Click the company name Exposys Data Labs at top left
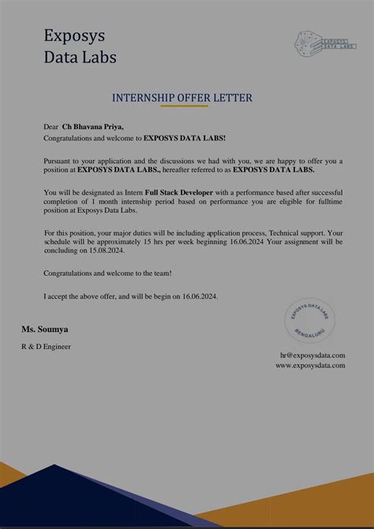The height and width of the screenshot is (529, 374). pyautogui.click(x=80, y=47)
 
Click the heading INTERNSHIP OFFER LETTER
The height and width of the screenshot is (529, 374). pyautogui.click(x=181, y=98)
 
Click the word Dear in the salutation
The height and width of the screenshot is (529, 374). pyautogui.click(x=51, y=125)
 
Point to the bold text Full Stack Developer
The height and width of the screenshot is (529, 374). pyautogui.click(x=179, y=192)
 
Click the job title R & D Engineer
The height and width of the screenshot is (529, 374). pyautogui.click(x=46, y=346)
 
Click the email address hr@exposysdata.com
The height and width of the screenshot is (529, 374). pyautogui.click(x=312, y=356)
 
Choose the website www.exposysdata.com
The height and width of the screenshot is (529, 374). pyautogui.click(x=310, y=365)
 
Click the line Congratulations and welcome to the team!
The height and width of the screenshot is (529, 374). pyautogui.click(x=107, y=273)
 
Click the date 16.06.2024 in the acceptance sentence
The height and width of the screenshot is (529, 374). pyautogui.click(x=196, y=296)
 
